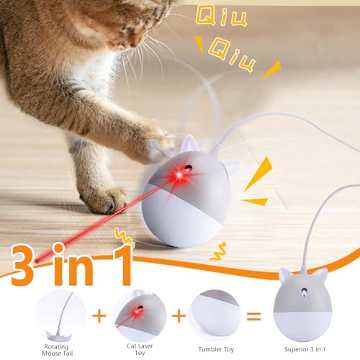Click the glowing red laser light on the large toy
pyautogui.click(x=179, y=175)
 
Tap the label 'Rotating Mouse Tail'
pyautogui.click(x=57, y=350)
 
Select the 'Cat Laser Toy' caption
pyautogui.click(x=140, y=349)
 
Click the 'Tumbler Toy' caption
pyautogui.click(x=216, y=349)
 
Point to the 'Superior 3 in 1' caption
pyautogui.click(x=305, y=349)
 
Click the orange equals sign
pyautogui.click(x=253, y=316)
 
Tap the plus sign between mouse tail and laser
pyautogui.click(x=99, y=315)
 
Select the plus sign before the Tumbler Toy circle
pyautogui.click(x=179, y=315)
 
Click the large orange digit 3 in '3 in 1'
pyautogui.click(x=22, y=265)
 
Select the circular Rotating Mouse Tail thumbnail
pyautogui.click(x=60, y=315)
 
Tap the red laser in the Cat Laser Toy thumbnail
pyautogui.click(x=138, y=312)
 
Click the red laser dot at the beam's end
pyautogui.click(x=37, y=261)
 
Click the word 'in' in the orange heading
pyautogui.click(x=73, y=264)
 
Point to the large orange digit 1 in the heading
pyautogui.click(x=122, y=264)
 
